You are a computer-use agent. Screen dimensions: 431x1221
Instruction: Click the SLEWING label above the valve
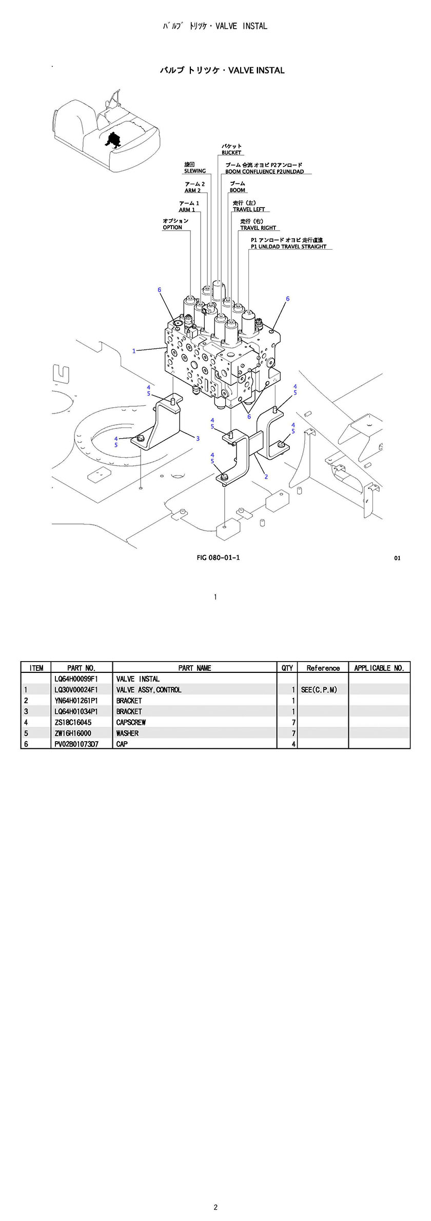(x=194, y=171)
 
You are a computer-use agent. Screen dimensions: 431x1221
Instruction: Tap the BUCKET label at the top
(x=231, y=153)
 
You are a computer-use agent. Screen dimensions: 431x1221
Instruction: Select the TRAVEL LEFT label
(x=249, y=210)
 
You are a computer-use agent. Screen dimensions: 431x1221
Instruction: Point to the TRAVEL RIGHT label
(x=258, y=228)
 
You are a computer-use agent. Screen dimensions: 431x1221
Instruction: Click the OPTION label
(x=172, y=228)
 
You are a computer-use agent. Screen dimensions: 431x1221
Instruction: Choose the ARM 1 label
(x=187, y=210)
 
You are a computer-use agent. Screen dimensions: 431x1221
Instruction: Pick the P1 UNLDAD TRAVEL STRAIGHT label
(x=288, y=247)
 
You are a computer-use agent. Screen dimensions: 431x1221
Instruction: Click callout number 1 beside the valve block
(x=134, y=351)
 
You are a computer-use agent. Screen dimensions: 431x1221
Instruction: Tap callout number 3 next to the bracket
(x=198, y=438)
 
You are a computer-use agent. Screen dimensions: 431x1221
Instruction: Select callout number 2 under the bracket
(x=266, y=477)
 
